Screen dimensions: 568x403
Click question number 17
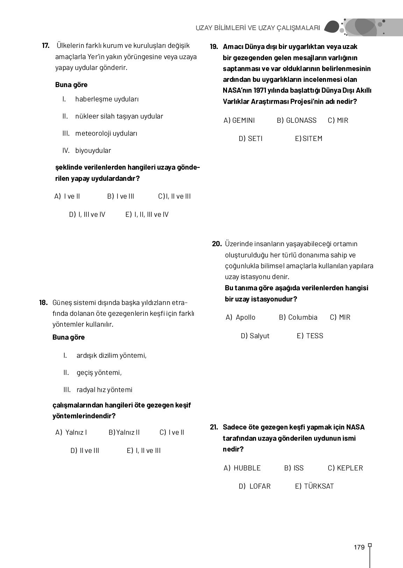45,46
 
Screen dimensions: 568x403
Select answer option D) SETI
250,139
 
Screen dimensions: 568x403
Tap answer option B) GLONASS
297,120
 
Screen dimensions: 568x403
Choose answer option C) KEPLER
345,468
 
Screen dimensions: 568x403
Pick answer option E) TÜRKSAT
314,486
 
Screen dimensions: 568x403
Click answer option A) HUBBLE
242,468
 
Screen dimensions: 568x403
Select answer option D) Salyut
255,336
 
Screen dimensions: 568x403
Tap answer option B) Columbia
298,317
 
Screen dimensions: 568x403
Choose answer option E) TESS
310,336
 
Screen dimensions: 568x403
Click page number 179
359,547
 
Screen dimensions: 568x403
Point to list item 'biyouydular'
93,150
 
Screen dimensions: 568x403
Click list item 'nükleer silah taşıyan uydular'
119,116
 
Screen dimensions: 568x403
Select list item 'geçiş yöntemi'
99,372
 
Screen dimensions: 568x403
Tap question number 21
214,427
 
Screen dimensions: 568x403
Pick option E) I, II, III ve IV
147,214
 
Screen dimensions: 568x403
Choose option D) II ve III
85,450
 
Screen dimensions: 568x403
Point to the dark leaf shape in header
332,27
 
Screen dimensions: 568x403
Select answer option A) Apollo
241,317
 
